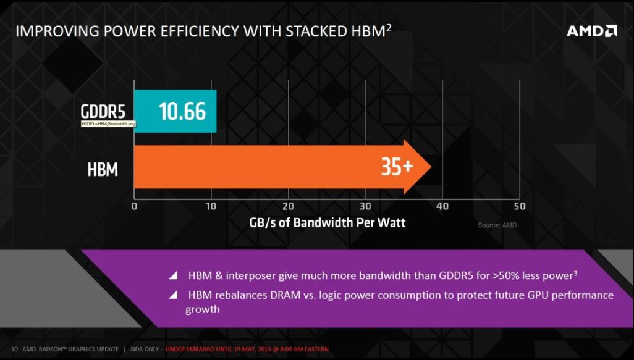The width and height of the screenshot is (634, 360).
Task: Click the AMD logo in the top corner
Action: pos(591,30)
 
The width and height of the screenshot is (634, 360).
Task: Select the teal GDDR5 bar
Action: pos(175,111)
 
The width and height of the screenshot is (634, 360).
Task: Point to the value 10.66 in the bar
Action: pos(182,111)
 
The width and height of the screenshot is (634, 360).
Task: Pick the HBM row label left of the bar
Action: pos(103,169)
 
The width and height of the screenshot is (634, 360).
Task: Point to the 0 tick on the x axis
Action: pos(134,206)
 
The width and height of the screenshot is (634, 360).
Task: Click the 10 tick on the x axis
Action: pos(211,206)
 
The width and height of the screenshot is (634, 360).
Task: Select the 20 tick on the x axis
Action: pos(288,206)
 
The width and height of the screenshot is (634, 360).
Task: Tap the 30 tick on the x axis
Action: pos(365,206)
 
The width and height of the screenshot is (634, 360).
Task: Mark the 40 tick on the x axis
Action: pos(442,206)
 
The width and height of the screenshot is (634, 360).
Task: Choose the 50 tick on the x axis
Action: pos(519,206)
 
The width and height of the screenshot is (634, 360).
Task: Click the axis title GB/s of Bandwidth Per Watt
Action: pos(328,222)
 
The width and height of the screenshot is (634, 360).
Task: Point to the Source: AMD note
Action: pos(497,225)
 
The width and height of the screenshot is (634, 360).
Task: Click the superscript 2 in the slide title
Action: pos(389,27)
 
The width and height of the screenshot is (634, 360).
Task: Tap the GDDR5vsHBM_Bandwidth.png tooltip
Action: pos(109,124)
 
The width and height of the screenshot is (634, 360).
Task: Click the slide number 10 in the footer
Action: pos(14,350)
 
